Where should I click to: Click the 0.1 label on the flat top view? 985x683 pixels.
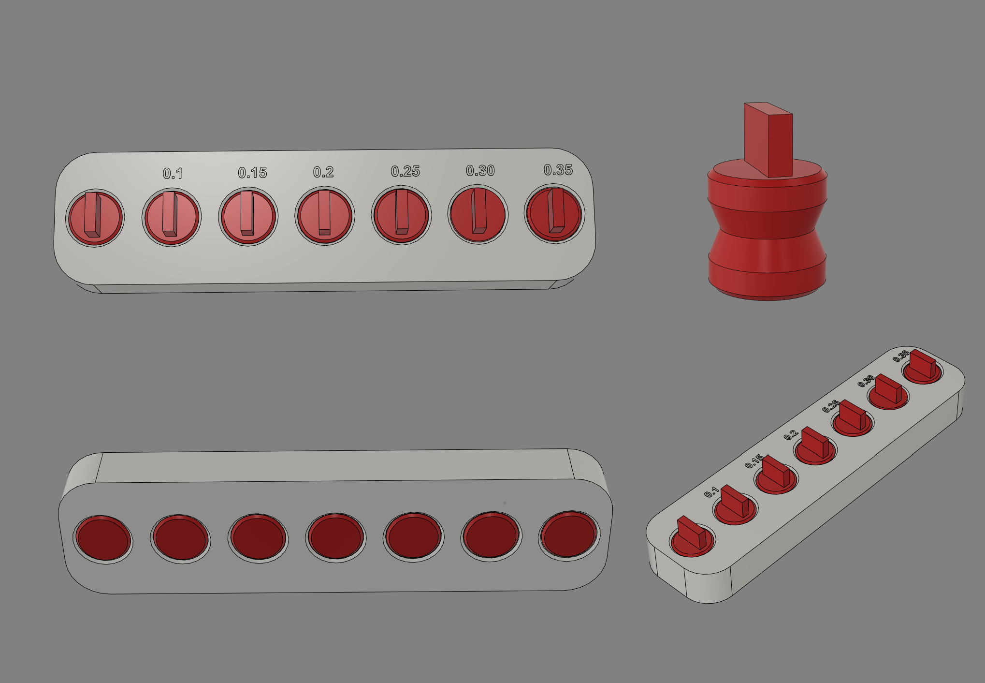point(173,173)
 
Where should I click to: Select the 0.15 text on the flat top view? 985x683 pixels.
point(252,173)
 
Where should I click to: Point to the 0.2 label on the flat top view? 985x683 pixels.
point(323,172)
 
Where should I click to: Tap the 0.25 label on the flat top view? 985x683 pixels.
point(406,171)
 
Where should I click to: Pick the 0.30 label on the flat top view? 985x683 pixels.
point(480,170)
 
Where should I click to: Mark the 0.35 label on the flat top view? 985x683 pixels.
point(558,170)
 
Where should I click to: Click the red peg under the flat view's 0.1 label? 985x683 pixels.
point(172,217)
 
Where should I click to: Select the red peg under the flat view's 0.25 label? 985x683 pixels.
point(401,215)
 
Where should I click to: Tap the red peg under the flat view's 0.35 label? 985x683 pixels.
point(554,213)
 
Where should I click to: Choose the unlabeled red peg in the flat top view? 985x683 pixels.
point(95,218)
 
